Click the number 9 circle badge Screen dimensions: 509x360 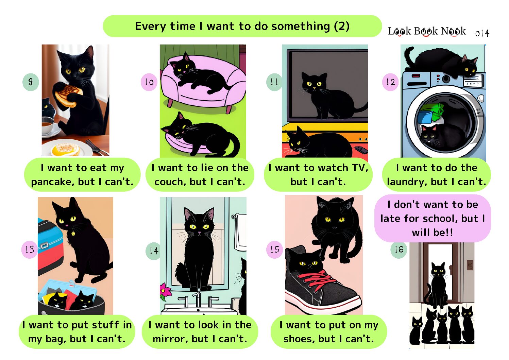tap(31, 82)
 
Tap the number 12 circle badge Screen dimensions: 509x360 tap(390, 82)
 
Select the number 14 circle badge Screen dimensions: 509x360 tap(154, 251)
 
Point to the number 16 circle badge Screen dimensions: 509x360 tap(399, 250)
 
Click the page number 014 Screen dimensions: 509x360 tap(482, 33)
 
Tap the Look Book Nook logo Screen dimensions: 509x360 tap(427, 31)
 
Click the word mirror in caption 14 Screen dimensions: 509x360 tap(170, 339)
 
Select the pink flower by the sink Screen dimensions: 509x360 tap(166, 291)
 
